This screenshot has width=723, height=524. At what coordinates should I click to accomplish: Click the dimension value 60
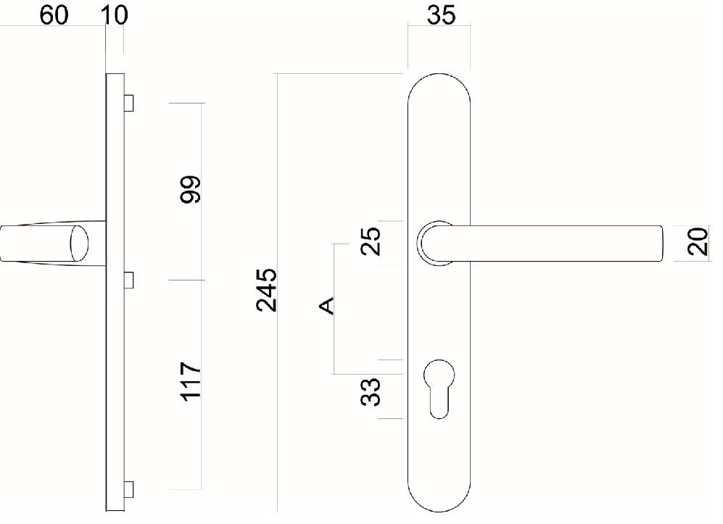click(x=54, y=14)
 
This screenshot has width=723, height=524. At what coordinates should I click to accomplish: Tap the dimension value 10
click(x=114, y=14)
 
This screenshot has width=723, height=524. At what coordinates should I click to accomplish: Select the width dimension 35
click(x=442, y=14)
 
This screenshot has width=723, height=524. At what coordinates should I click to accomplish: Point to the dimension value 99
click(x=191, y=189)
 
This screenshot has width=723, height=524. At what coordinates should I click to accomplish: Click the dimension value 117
click(x=191, y=381)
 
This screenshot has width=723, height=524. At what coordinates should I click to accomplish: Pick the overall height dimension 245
click(x=267, y=290)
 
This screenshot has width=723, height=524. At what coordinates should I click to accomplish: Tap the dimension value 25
click(x=371, y=241)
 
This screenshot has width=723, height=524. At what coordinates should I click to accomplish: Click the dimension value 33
click(x=371, y=392)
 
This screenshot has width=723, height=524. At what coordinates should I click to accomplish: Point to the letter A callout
click(x=327, y=306)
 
